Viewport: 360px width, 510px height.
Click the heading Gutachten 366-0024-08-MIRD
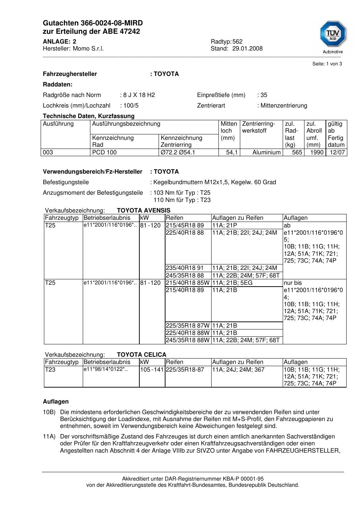[x=93, y=23]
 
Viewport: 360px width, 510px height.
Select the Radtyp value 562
[x=237, y=41]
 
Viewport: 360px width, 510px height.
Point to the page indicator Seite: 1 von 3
[x=327, y=64]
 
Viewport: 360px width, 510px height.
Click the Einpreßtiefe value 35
[x=263, y=95]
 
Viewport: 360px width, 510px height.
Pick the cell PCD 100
[x=105, y=153]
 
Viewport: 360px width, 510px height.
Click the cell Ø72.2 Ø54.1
[x=178, y=153]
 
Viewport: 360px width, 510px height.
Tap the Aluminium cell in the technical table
[x=266, y=153]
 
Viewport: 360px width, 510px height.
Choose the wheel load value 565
[x=297, y=153]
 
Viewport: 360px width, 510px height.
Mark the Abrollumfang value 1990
[x=316, y=153]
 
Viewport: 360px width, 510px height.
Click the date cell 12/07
[x=336, y=153]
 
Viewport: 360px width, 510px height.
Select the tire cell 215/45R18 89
[x=185, y=226]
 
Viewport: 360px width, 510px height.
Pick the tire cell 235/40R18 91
[x=185, y=268]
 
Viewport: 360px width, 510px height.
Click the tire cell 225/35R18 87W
[x=188, y=326]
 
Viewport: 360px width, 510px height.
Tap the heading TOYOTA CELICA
[x=142, y=355]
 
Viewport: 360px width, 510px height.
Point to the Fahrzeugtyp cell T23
[x=50, y=370]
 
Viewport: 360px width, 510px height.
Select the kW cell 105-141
[x=152, y=370]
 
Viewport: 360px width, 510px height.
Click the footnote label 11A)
[x=49, y=437]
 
